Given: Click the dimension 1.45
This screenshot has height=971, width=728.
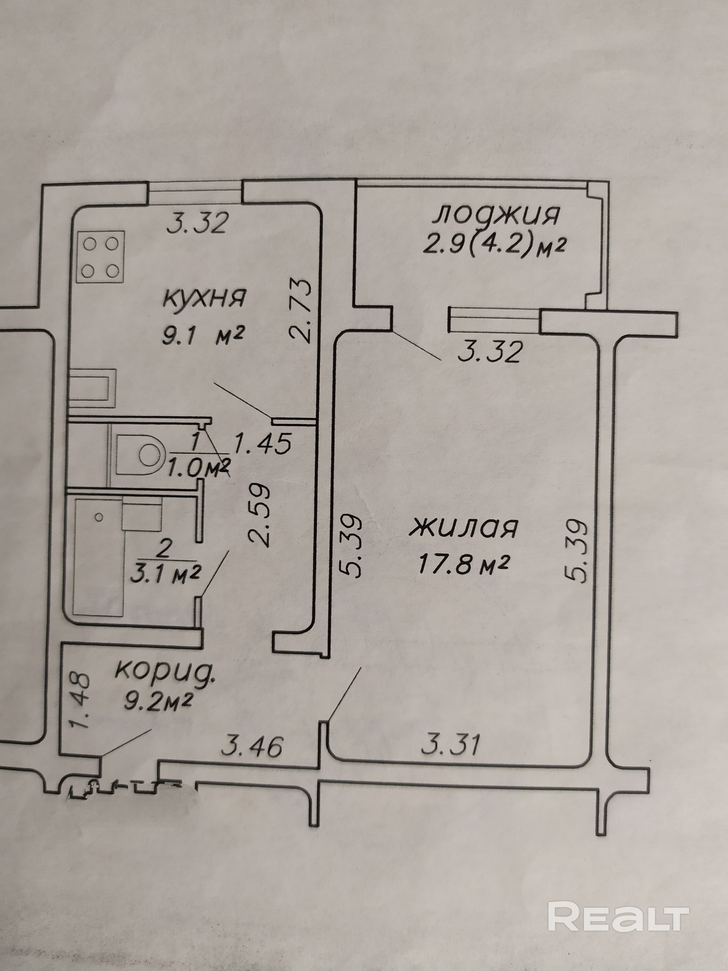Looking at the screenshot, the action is click(262, 443).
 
